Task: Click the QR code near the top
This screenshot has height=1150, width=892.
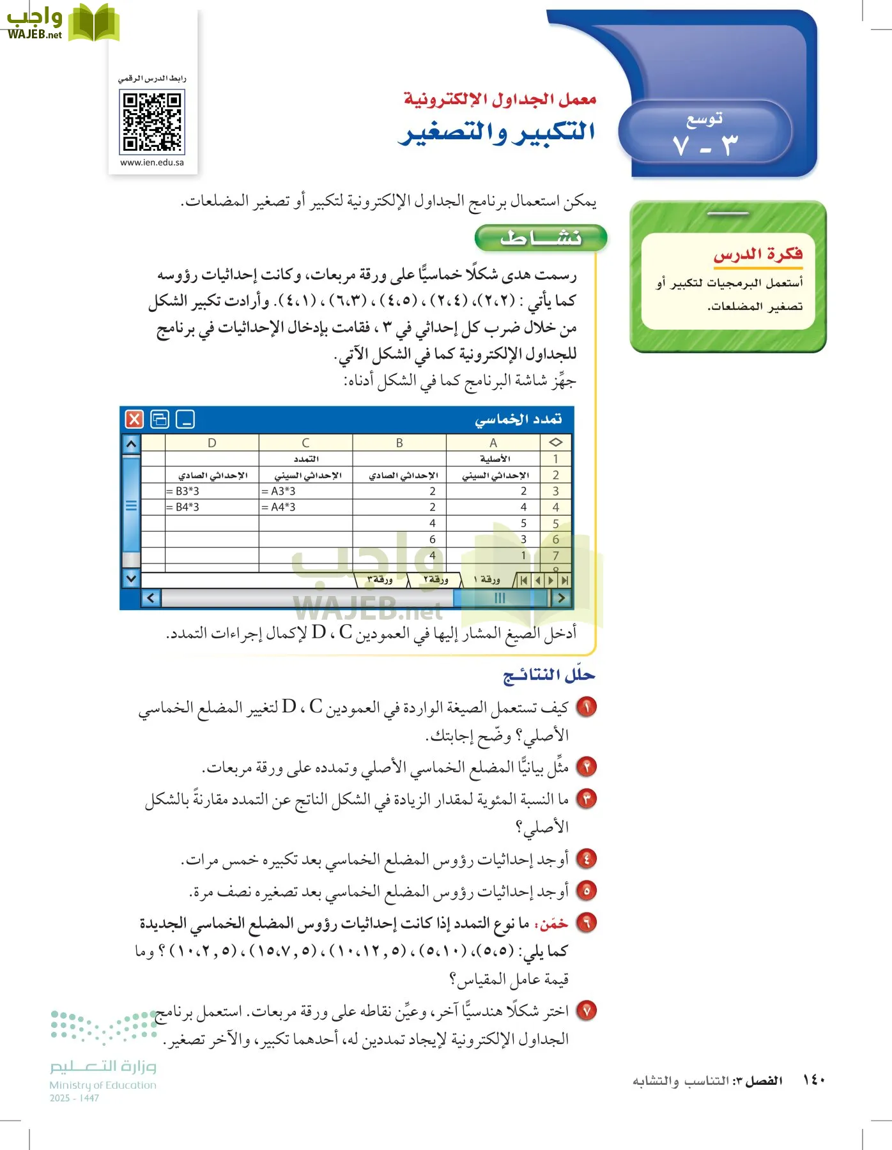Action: click(152, 121)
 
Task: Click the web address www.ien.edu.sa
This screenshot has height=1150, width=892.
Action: click(152, 162)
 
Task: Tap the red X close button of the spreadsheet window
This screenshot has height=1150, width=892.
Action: click(134, 419)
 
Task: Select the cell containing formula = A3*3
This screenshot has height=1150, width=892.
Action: click(305, 491)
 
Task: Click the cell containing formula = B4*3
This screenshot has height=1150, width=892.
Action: click(211, 507)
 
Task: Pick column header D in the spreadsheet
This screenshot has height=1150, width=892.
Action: click(211, 443)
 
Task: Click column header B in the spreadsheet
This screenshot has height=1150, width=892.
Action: click(399, 443)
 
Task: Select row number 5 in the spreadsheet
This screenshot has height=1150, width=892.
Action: click(555, 523)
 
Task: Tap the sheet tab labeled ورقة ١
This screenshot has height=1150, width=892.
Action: click(487, 579)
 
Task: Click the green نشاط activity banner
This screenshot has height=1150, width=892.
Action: click(541, 238)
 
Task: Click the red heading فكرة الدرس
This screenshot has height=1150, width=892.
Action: click(758, 254)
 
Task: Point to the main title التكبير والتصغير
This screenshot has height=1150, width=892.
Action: click(496, 132)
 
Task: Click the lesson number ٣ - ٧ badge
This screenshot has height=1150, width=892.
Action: click(705, 135)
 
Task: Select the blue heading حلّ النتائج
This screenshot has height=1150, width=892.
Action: click(549, 675)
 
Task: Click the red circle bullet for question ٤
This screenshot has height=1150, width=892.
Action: click(586, 859)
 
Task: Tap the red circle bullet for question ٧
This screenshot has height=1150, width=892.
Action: click(586, 1011)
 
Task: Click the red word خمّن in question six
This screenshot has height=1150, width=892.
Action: click(553, 924)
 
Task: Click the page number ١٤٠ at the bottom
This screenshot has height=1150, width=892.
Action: click(813, 1080)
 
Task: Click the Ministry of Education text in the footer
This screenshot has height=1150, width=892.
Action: click(103, 1085)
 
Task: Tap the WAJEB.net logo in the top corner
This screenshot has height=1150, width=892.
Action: click(61, 22)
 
